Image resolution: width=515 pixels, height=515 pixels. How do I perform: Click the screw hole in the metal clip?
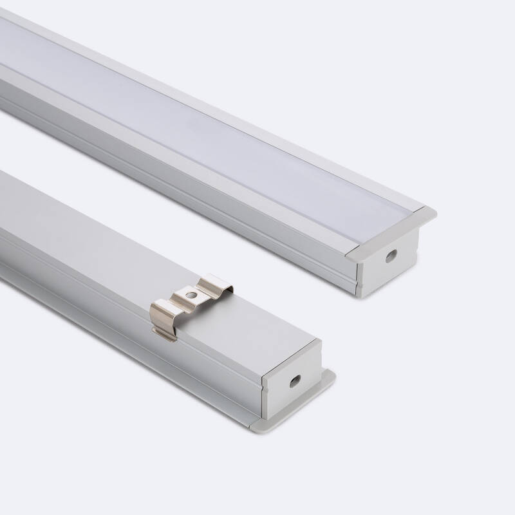click(x=191, y=294)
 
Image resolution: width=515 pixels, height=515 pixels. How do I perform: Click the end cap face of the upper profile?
click(x=386, y=264)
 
